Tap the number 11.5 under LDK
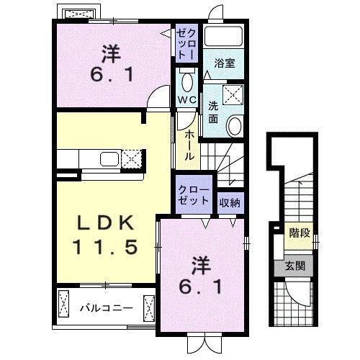point(105,246)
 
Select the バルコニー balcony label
point(106,308)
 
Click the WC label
point(187,99)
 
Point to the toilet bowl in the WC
point(187,81)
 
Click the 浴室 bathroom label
point(225,63)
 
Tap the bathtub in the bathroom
point(223,36)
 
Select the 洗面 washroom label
point(213,112)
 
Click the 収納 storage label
point(230,203)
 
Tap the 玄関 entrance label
point(295,266)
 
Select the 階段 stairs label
point(300,233)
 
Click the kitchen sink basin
point(109,159)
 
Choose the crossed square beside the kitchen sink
point(131,158)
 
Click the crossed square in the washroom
point(233,95)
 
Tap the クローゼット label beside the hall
point(194,195)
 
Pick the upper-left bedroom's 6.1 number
point(112,75)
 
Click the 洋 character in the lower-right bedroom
point(201,266)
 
